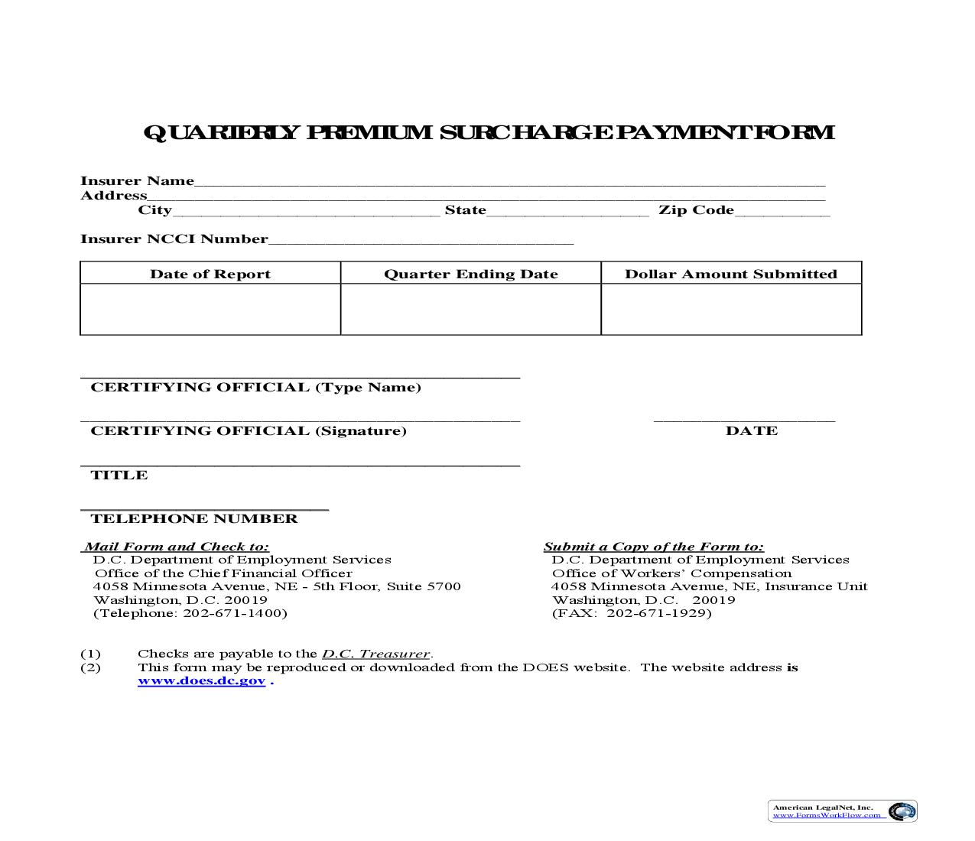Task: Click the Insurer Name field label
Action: pyautogui.click(x=138, y=181)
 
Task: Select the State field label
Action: pyautogui.click(x=465, y=210)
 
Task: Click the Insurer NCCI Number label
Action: pyautogui.click(x=174, y=239)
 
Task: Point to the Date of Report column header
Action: pyautogui.click(x=210, y=274)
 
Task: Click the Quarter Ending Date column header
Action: pyautogui.click(x=470, y=274)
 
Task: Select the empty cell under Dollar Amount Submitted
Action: pyautogui.click(x=731, y=310)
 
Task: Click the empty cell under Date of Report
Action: pyautogui.click(x=210, y=310)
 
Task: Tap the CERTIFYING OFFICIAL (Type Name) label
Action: pyautogui.click(x=255, y=388)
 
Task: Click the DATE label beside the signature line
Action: pyautogui.click(x=751, y=431)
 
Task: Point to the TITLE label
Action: pyautogui.click(x=119, y=476)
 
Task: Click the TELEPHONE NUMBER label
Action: pyautogui.click(x=194, y=519)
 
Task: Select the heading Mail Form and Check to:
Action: pyautogui.click(x=176, y=547)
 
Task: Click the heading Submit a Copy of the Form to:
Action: pyautogui.click(x=653, y=547)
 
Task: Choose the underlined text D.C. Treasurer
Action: pyautogui.click(x=375, y=654)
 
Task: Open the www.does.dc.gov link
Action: pyautogui.click(x=201, y=681)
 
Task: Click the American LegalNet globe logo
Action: pyautogui.click(x=902, y=811)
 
